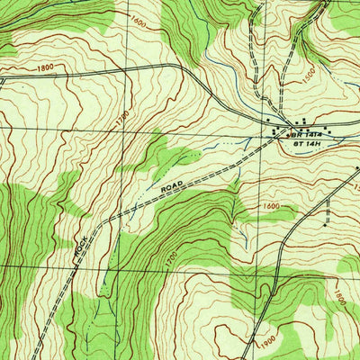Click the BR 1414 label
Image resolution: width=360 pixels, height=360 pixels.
[x=301, y=133]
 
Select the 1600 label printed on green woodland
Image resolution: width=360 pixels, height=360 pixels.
[x=137, y=21]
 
